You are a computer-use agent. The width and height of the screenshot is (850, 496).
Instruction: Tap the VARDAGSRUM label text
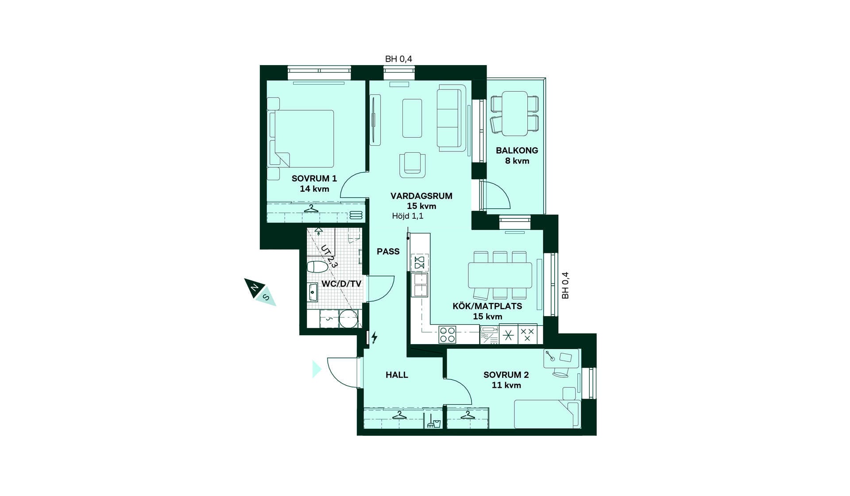(x=421, y=196)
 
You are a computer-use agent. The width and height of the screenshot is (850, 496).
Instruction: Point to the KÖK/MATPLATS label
(x=487, y=306)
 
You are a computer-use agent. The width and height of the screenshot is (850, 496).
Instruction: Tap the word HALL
(x=397, y=375)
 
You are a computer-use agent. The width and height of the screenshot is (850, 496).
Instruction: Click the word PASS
(x=388, y=252)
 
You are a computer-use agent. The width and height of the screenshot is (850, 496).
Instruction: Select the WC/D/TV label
(x=341, y=284)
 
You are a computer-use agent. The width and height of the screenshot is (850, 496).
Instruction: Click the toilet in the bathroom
(x=317, y=267)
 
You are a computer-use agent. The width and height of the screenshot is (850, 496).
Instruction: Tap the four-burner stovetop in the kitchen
(x=447, y=335)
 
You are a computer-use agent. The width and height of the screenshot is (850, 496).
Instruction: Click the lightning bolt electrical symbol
(x=375, y=337)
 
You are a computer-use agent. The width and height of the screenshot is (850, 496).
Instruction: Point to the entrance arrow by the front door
(x=317, y=369)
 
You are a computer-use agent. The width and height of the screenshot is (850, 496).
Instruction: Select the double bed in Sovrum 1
(x=301, y=139)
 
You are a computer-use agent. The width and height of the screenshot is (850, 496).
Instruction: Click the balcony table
(x=514, y=113)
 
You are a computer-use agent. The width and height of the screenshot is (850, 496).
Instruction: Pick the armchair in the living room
(x=412, y=165)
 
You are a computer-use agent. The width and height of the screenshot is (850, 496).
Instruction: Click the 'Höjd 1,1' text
(x=407, y=216)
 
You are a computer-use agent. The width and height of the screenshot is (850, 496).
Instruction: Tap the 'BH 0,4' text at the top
(x=398, y=59)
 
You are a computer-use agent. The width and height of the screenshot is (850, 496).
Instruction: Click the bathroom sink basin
(x=313, y=292)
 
